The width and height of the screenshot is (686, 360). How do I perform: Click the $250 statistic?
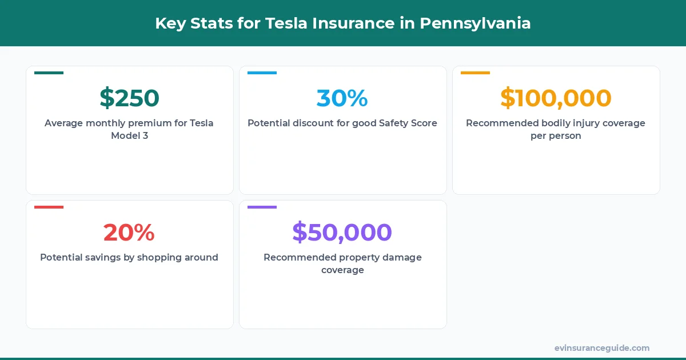point(129,98)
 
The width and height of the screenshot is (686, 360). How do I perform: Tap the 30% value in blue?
point(342,98)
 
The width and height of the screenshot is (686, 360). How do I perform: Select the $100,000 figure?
point(556,98)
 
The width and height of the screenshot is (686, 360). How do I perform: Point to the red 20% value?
point(129,233)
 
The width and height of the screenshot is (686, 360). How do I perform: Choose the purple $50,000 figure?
point(342,233)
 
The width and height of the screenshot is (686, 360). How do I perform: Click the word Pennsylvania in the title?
point(475,23)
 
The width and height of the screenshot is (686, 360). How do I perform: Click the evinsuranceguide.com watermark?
point(601,348)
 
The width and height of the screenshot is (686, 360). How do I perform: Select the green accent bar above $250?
point(49,73)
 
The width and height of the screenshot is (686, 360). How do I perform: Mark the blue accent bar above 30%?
point(262,73)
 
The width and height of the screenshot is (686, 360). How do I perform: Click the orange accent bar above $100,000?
point(475,73)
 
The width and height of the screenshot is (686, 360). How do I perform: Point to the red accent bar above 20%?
point(49,207)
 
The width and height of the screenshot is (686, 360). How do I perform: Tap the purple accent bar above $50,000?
point(262,207)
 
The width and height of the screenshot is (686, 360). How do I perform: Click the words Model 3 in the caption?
point(130,136)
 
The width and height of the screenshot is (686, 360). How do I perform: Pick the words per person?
point(556,136)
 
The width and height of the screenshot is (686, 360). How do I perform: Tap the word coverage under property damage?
point(342,270)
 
